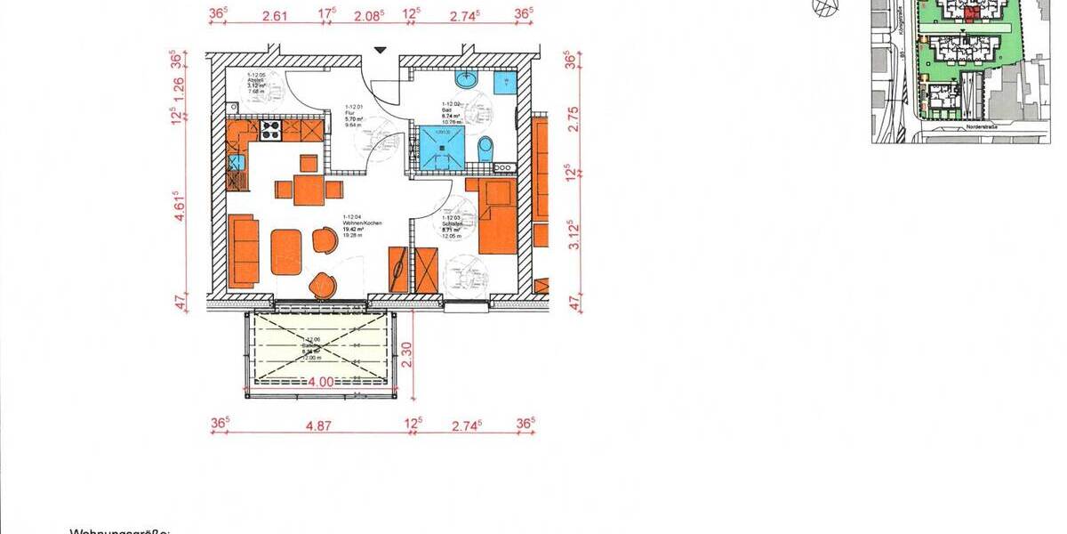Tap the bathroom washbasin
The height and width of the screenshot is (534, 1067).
pos(467,81)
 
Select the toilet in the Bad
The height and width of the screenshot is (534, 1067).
pos(485,149)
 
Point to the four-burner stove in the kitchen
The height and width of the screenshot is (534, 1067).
pos(270,131)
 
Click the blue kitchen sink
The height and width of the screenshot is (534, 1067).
pos(237,162)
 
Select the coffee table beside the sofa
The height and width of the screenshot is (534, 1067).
pos(286,253)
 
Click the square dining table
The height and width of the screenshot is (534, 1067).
pos(308,189)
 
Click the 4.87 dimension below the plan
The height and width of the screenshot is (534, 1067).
pos(318,426)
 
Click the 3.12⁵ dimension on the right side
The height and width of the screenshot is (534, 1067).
pos(574,234)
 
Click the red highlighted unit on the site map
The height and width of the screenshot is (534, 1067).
pos(972,12)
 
